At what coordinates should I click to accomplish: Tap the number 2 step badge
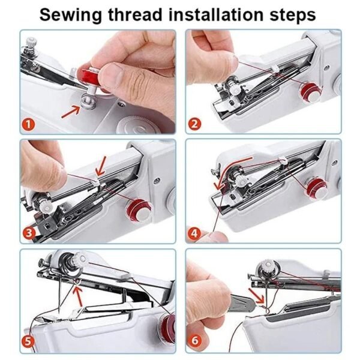pyautogui.click(x=194, y=124)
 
